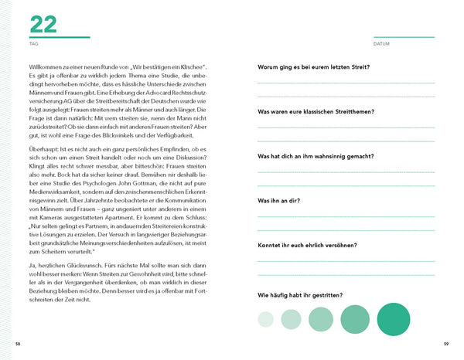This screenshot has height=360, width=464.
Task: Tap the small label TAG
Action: [x=33, y=44]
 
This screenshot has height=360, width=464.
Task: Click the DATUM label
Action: [x=380, y=44]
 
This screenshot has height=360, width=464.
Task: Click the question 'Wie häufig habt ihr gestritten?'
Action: [x=301, y=295]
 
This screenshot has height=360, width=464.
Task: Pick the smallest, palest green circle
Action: [x=265, y=318]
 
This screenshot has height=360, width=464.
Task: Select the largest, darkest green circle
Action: [x=392, y=318]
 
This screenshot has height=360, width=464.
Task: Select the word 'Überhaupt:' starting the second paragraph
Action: [x=45, y=149]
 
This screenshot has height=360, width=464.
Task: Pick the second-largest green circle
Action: [x=354, y=318]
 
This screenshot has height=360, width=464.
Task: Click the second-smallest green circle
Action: [x=292, y=318]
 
